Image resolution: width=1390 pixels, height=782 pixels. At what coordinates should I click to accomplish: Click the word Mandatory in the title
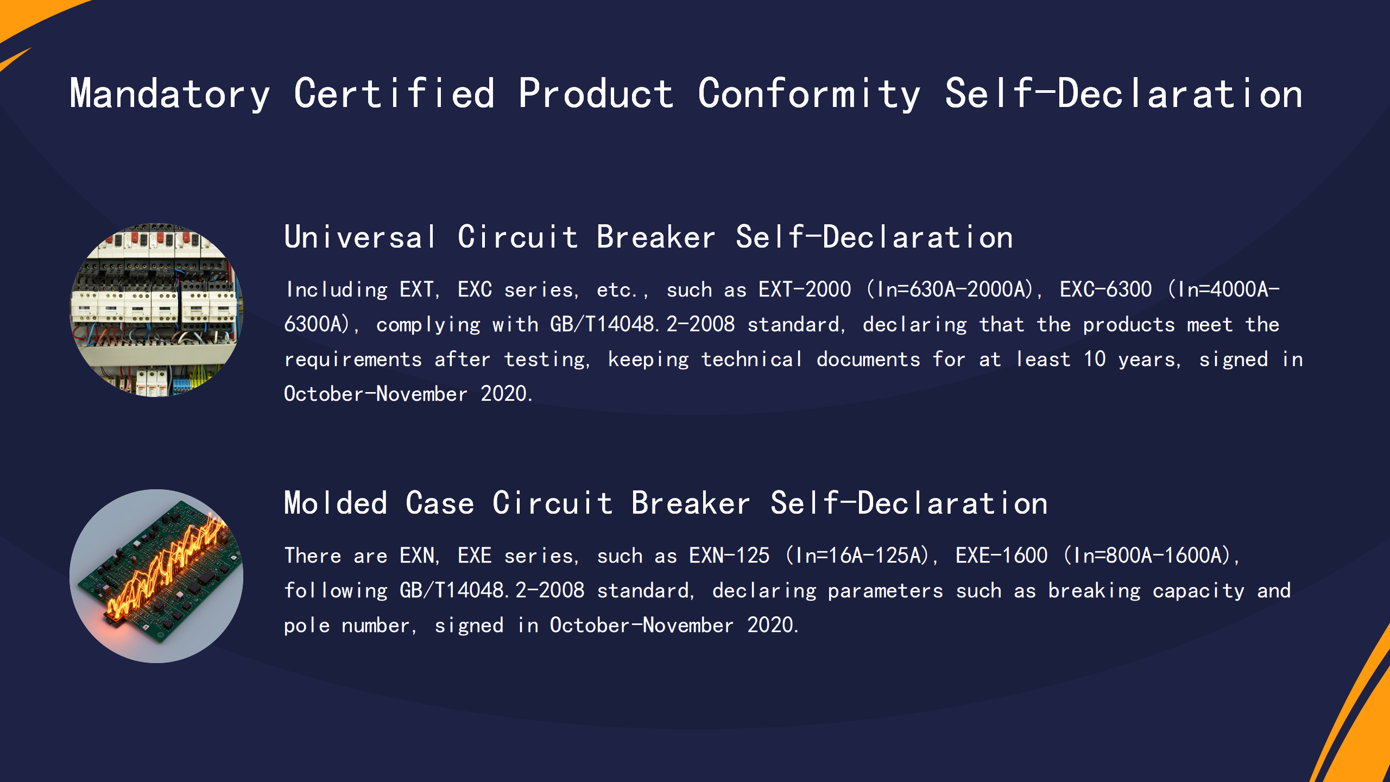point(170,93)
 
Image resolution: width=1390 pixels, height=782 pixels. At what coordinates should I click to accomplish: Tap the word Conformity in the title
point(809,93)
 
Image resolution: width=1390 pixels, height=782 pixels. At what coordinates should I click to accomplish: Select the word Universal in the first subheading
point(360,237)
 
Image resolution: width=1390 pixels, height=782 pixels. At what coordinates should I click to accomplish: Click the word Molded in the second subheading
point(336,503)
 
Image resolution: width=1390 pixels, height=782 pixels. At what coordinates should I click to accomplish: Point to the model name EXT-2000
point(805,289)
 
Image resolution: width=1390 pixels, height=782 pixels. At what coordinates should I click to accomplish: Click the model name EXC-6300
point(1105,289)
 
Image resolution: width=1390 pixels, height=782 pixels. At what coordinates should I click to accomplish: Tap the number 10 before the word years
point(1095,359)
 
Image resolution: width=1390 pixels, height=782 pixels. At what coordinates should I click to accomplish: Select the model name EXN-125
point(729,556)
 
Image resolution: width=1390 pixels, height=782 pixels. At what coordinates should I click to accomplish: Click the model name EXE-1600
point(1002,556)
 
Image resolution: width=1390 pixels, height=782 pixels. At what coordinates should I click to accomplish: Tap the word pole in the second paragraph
point(307,625)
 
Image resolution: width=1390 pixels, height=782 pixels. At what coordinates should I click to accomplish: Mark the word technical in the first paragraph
point(752,359)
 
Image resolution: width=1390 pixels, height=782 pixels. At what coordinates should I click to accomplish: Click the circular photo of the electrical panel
point(156,310)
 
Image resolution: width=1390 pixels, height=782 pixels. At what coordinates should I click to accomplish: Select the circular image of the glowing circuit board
point(156,576)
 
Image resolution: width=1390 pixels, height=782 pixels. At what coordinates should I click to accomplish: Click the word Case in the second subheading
point(440,503)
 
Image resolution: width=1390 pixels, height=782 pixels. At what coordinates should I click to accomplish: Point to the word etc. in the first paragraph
point(617,289)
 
